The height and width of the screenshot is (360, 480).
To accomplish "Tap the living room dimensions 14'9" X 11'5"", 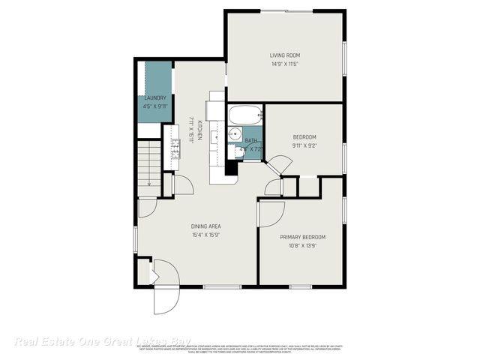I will [x=285, y=64].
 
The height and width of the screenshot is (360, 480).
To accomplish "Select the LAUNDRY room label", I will [x=155, y=97].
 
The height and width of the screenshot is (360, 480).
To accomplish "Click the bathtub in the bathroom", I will [x=245, y=115].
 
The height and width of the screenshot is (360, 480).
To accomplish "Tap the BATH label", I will [x=251, y=140].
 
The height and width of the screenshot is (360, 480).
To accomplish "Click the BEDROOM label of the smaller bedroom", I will [x=304, y=136].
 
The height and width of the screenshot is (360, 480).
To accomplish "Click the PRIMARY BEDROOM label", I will [x=303, y=237].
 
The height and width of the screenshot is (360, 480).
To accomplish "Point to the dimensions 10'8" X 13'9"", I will [x=303, y=246].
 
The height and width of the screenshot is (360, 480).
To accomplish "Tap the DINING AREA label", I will [x=205, y=226].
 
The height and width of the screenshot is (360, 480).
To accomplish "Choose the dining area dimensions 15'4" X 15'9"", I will [x=205, y=235].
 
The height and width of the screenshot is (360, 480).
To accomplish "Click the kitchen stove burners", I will [x=175, y=149].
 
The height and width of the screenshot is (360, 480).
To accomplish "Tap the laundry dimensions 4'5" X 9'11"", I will [x=155, y=106].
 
